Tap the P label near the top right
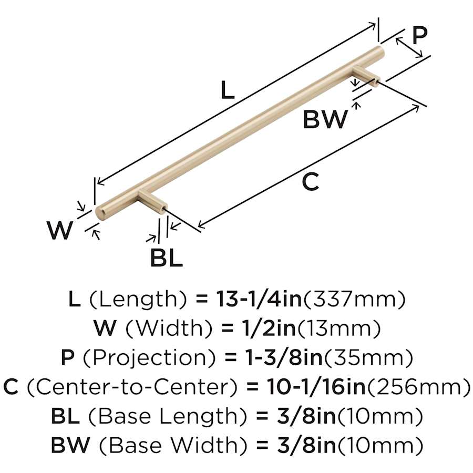419,36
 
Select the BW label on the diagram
325,120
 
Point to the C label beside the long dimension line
311,182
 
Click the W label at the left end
60,230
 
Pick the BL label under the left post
167,258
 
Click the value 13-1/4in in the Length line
259,299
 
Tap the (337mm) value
354,299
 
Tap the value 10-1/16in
316,387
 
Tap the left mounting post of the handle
152,200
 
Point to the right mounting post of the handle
366,75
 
